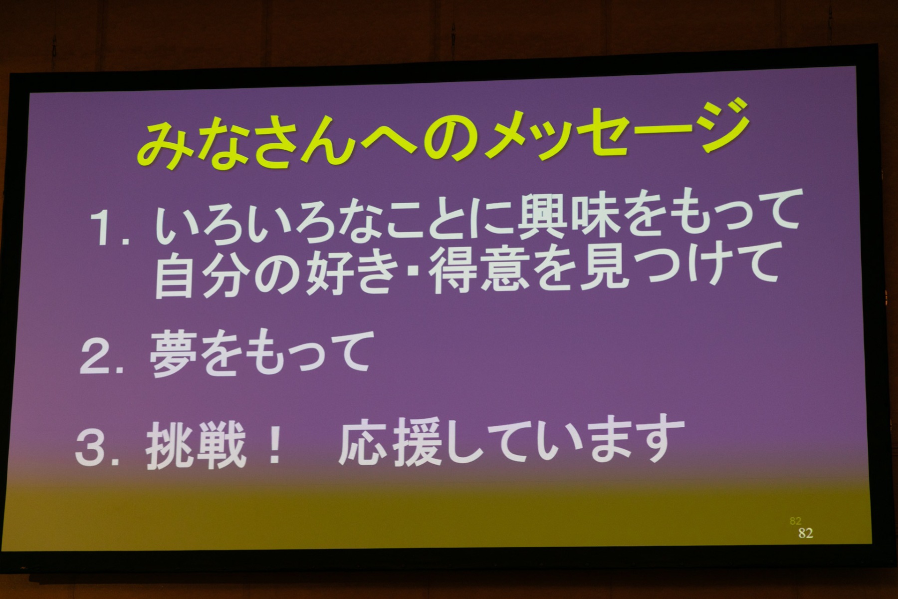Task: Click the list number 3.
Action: click(x=97, y=451)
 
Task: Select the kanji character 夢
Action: click(x=175, y=354)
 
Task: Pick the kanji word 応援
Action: click(x=390, y=441)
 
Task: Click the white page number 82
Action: click(x=805, y=533)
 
